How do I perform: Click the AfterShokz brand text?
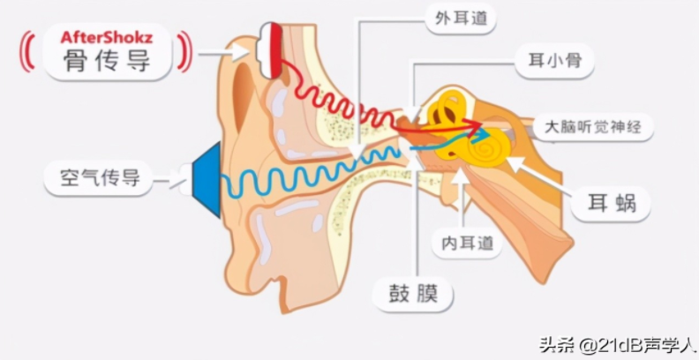[x=107, y=38]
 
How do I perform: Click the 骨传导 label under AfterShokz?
[x=107, y=62]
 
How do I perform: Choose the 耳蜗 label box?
[x=610, y=205]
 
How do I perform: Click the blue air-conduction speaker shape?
[x=206, y=180]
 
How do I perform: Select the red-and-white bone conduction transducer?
[x=269, y=50]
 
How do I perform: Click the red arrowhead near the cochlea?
[x=477, y=125]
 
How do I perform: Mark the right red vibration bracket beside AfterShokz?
[x=185, y=51]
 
